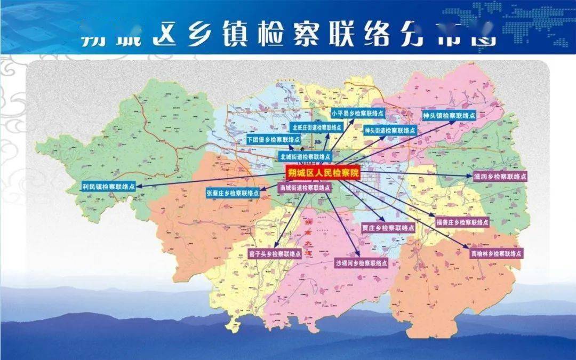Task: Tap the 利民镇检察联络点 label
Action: [x=108, y=187]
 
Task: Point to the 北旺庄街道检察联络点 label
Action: [x=317, y=127]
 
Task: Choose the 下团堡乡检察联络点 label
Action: [x=273, y=140]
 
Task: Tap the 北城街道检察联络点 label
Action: [x=305, y=157]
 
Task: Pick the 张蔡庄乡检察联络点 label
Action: [x=234, y=193]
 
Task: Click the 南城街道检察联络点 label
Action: [x=305, y=188]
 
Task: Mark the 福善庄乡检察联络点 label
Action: [x=462, y=222]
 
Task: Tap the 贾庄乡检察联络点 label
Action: [x=388, y=228]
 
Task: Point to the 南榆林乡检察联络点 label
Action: [x=496, y=253]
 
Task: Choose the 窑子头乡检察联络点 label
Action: [x=275, y=254]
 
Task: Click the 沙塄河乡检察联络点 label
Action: [x=361, y=263]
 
